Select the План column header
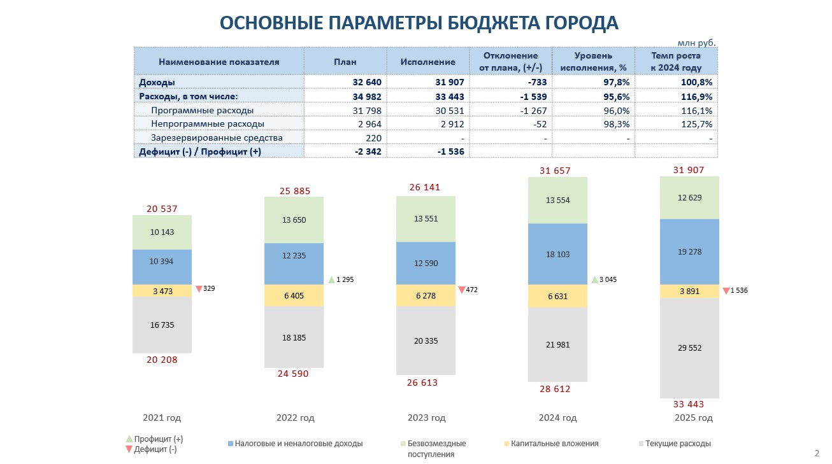pos(345,62)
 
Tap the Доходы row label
pos(157,82)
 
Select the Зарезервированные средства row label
pos(217,137)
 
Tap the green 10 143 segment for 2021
pos(162,232)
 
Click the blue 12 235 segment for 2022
pos(294,255)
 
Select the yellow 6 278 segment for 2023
pos(426,295)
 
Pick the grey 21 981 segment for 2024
pos(557,344)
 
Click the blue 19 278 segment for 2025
pos(689,251)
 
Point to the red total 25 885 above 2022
pos(294,191)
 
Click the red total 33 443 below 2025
pos(689,404)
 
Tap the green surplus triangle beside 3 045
pos(595,279)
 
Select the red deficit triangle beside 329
pos(199,289)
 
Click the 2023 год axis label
pos(426,418)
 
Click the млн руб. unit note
pos(696,43)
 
